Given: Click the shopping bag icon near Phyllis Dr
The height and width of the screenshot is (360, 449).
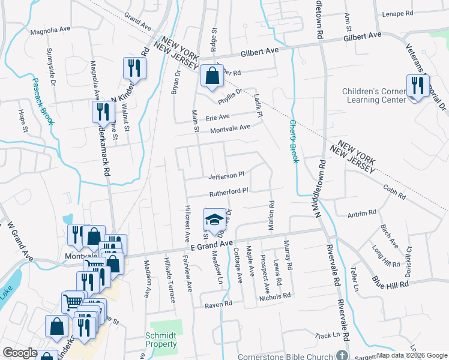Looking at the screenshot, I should coord(211,77).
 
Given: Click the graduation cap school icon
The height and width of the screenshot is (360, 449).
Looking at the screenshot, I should coord(214,220).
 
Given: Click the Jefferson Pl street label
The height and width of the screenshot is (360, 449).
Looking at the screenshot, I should coord(226,176).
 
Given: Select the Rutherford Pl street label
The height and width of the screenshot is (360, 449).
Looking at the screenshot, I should coord(228,193).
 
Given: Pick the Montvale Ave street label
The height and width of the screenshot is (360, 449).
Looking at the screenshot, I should coord(228,128).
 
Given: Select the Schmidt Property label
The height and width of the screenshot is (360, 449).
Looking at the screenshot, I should coord(161,340).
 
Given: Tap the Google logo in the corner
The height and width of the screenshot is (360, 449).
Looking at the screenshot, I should coord(20,353).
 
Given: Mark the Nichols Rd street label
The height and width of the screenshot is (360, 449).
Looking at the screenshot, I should coord(274,296).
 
